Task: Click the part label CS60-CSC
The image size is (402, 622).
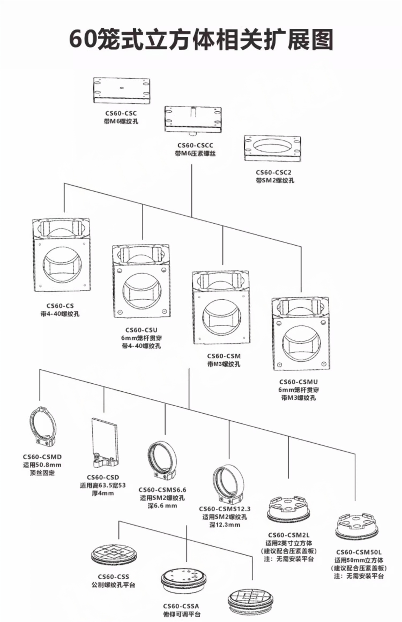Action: [x=121, y=113]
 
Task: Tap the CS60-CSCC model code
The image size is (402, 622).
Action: [x=195, y=145]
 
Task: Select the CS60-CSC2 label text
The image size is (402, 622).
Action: [x=273, y=173]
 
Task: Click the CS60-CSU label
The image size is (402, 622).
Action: [x=141, y=330]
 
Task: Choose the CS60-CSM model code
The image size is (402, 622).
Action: [x=224, y=356]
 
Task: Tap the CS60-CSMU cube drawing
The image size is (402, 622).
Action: [x=300, y=334]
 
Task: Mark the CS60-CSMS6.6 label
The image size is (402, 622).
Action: [x=162, y=490]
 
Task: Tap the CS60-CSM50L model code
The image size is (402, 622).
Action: [x=359, y=552]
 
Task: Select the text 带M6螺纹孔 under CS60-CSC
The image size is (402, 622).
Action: [x=121, y=121]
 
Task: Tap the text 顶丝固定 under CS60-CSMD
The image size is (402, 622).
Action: [x=42, y=473]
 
